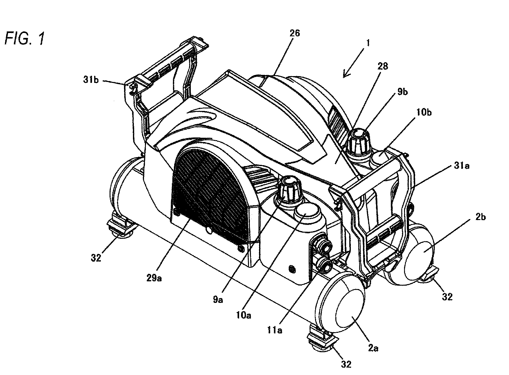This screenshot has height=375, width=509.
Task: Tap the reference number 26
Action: tap(295, 33)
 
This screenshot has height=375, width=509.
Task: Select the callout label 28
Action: tap(383, 66)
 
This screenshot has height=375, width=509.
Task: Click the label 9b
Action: tap(403, 92)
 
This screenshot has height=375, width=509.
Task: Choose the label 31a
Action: tap(462, 166)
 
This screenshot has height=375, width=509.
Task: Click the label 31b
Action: tap(91, 80)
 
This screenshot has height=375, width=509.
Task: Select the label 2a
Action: tap(373, 348)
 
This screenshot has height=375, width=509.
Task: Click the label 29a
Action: tap(154, 278)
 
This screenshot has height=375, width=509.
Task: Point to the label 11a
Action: tap(274, 330)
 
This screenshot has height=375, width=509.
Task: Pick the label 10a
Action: tap(244, 315)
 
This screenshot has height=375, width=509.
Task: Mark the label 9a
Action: tap(218, 300)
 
